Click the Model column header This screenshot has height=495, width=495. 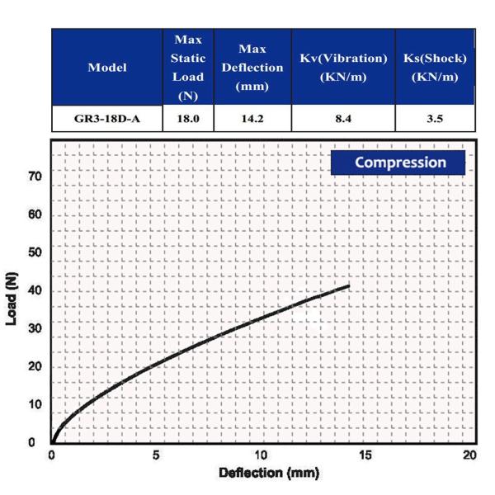[x=107, y=68]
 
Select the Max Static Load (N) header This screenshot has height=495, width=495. [x=188, y=68]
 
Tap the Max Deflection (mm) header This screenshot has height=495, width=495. [x=252, y=68]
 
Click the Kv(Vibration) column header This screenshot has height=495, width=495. [x=343, y=68]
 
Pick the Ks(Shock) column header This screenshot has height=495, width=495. [x=435, y=68]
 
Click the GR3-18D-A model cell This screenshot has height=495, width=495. [x=107, y=119]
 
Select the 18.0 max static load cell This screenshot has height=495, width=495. [x=188, y=119]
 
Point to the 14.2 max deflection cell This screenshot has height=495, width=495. [x=252, y=119]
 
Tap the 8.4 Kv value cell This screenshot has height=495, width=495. [x=343, y=119]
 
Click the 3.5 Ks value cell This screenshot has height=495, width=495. [x=435, y=119]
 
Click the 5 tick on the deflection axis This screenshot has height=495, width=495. [x=156, y=455]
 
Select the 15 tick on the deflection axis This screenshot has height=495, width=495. [x=365, y=455]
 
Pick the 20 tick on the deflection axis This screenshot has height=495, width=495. [x=469, y=455]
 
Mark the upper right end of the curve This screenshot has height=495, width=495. [x=348, y=286]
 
